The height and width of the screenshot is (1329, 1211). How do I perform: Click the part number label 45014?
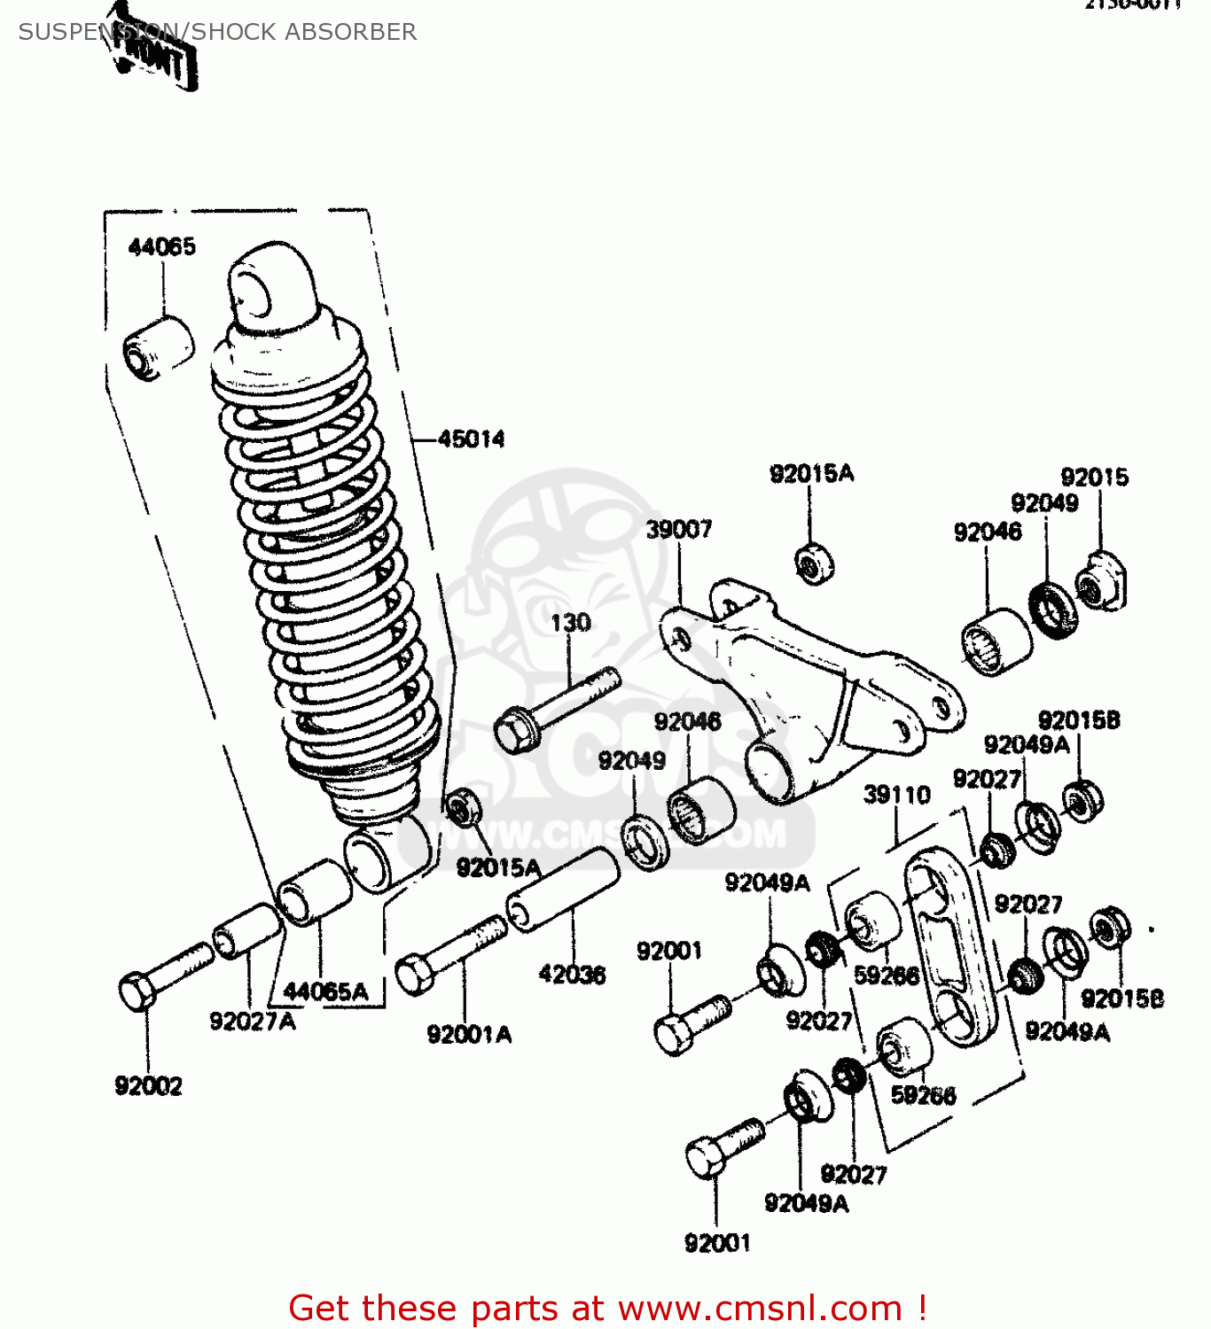point(471,439)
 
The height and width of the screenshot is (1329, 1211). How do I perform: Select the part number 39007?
point(678,530)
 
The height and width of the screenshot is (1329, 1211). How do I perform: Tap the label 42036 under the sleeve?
point(572,975)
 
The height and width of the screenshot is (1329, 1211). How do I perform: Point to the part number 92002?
point(148,1085)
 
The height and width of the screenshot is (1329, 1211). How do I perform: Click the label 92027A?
point(252,1022)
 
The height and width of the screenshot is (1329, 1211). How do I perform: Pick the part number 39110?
point(896,795)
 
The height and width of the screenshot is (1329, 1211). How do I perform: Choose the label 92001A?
point(469,1034)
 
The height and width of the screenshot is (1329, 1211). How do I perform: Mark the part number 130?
point(570,623)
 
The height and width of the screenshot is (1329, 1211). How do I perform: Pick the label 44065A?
point(325,991)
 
